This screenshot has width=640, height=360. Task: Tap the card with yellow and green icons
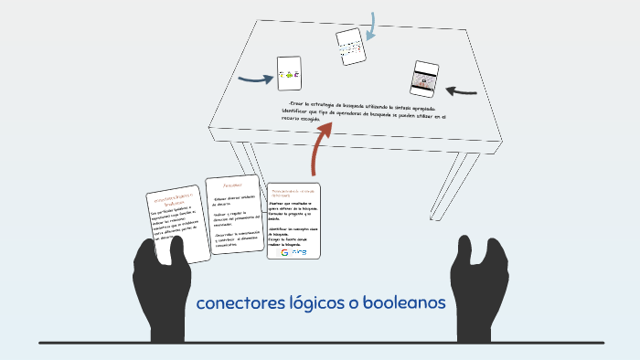coord(289,74)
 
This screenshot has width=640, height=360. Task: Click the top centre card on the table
coord(351,46)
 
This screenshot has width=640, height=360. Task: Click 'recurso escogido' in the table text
coord(305,120)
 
